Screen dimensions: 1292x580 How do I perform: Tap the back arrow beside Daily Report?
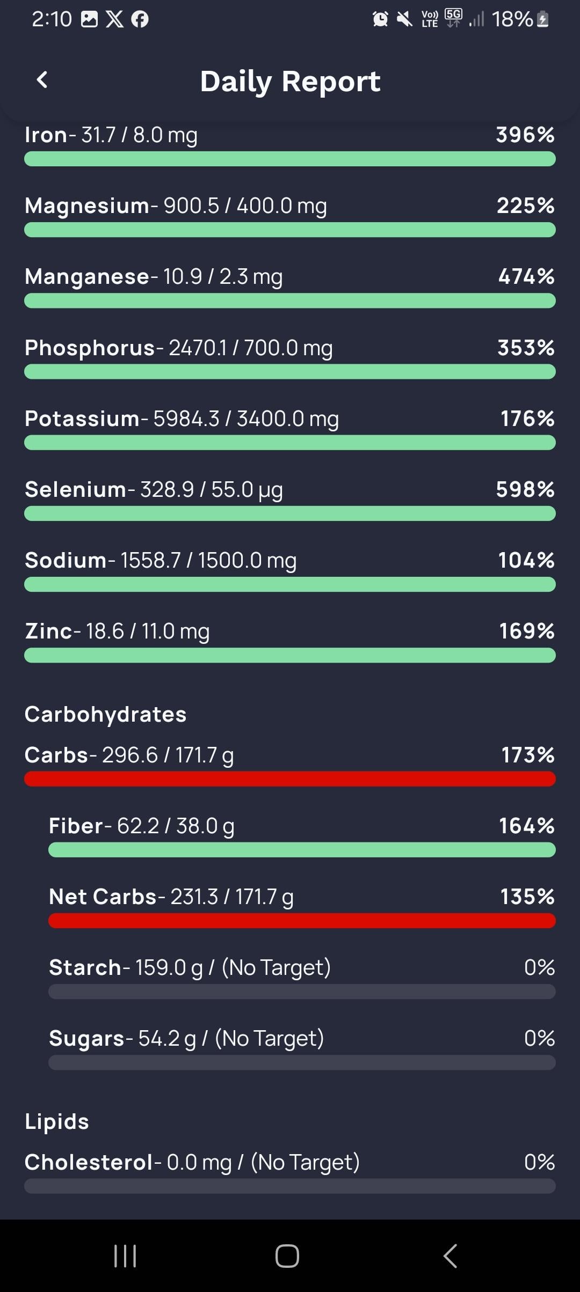point(42,80)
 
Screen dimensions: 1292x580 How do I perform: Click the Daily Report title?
point(290,82)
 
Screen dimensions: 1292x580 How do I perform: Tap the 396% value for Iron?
point(525,135)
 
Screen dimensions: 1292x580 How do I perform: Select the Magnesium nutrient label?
point(87,206)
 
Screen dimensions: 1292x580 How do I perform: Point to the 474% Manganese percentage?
point(526,277)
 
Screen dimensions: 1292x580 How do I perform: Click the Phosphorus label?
point(90,348)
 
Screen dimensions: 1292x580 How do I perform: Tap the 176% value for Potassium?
point(527,419)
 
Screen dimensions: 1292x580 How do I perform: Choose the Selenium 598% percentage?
point(525,489)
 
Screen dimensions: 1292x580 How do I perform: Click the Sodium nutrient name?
point(66,560)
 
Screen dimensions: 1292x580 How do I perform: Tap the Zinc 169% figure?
point(526,631)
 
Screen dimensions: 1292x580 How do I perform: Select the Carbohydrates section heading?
point(105,714)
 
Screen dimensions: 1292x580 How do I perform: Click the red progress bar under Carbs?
point(290,779)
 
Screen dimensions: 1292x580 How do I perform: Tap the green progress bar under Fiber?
point(302,850)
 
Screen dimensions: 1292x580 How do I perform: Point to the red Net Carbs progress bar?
point(302,921)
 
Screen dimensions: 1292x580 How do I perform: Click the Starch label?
point(85,967)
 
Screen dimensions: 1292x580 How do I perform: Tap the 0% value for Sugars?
point(539,1038)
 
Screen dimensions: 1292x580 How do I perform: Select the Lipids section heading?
point(57,1121)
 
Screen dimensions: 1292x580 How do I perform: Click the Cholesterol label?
point(89,1162)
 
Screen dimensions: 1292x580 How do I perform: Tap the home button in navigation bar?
point(287,1256)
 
